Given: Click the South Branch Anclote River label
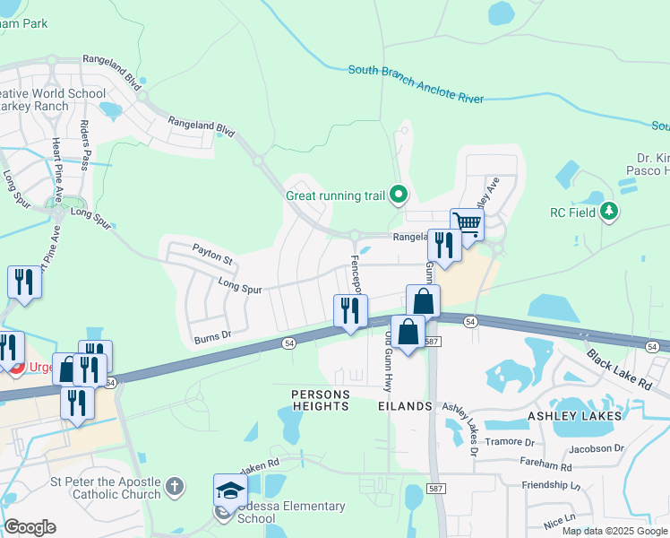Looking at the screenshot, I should (x=416, y=83).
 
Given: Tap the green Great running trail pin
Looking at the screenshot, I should (x=400, y=194).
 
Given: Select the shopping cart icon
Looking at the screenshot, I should (x=467, y=223).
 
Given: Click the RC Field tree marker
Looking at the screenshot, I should (x=610, y=213).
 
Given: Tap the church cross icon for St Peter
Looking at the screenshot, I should (x=175, y=487).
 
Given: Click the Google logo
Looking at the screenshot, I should (x=30, y=527).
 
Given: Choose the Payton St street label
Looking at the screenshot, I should (x=212, y=254).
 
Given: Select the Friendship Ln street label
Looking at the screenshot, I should (x=551, y=485).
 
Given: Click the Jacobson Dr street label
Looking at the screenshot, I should (x=596, y=447).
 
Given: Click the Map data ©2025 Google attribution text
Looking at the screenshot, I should (x=615, y=531).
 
